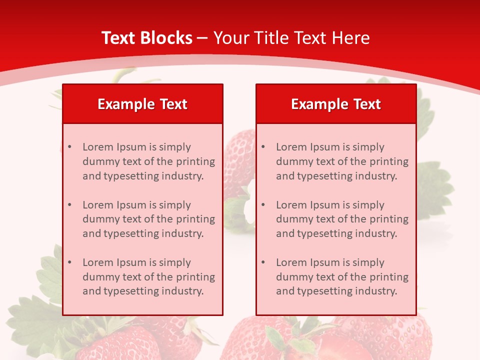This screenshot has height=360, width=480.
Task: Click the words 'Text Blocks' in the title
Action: pyautogui.click(x=146, y=38)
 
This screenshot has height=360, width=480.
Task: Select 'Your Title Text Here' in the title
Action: pyautogui.click(x=291, y=38)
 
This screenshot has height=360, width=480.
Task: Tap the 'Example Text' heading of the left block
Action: pyautogui.click(x=142, y=104)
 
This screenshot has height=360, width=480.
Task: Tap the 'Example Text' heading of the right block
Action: pyautogui.click(x=336, y=104)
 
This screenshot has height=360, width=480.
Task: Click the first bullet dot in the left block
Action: pyautogui.click(x=69, y=147)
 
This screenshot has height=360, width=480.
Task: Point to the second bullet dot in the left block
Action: pyautogui.click(x=69, y=205)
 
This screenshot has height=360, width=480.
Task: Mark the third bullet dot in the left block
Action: pyautogui.click(x=69, y=262)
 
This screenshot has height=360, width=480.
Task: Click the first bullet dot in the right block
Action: pyautogui.click(x=263, y=147)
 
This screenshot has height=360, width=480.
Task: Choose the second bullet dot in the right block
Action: pyautogui.click(x=263, y=205)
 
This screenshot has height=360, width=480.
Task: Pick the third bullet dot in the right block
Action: pyautogui.click(x=263, y=262)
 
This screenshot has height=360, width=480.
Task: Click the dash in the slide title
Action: pyautogui.click(x=202, y=38)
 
